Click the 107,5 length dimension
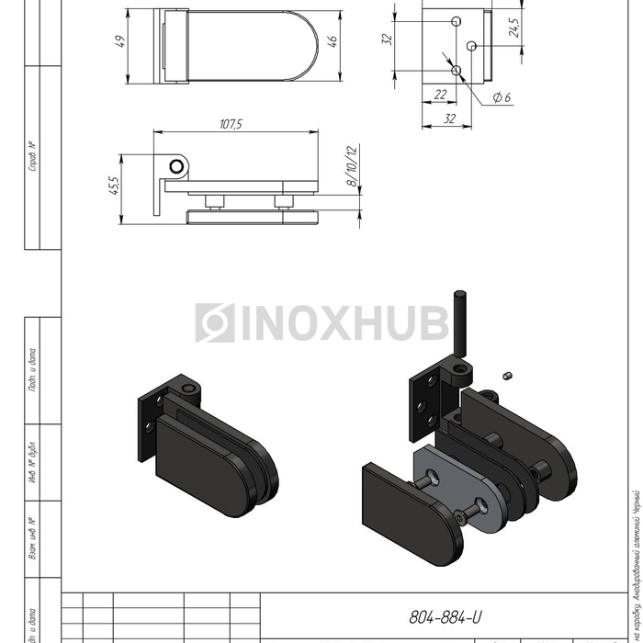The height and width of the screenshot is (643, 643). [x=231, y=124]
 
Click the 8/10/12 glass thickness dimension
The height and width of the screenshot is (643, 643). [x=350, y=165]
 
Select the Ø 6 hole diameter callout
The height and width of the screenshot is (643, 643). [x=502, y=97]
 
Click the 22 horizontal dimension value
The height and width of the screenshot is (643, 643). [x=440, y=95]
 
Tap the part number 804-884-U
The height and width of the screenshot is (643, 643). [x=445, y=617]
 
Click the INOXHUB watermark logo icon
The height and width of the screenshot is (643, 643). [x=214, y=323]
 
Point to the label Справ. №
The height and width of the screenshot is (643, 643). [x=32, y=156]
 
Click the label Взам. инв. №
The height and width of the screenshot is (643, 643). [x=32, y=537]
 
